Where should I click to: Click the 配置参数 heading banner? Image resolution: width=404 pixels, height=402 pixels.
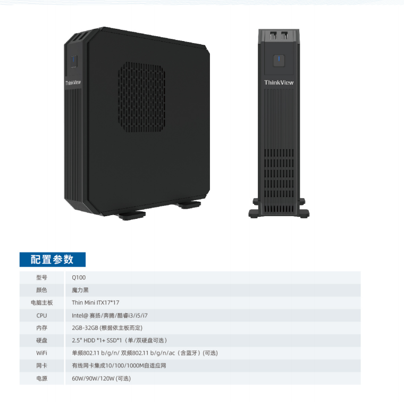point(53,259)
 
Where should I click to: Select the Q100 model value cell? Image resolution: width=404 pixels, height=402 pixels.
point(79,277)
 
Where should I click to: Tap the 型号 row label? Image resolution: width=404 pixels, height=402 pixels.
point(42,277)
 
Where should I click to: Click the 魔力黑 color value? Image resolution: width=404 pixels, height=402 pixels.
point(80,290)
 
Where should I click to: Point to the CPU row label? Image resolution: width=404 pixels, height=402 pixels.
point(42,315)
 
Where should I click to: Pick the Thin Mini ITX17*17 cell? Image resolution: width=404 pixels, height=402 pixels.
point(96,302)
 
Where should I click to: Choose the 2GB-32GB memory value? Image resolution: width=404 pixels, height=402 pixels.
point(107,327)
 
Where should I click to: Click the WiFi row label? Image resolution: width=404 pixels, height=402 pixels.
point(42,352)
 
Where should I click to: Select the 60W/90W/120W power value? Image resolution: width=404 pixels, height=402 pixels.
point(101,378)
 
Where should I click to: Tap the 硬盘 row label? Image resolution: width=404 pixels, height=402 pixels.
point(42,340)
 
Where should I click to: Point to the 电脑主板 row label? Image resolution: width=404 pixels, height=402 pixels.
point(42,302)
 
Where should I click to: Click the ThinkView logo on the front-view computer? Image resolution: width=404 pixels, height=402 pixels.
point(279,83)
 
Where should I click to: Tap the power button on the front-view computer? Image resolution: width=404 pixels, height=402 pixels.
point(279,61)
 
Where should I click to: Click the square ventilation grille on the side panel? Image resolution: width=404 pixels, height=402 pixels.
point(141,97)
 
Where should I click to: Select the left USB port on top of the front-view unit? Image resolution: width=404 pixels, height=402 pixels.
point(273,35)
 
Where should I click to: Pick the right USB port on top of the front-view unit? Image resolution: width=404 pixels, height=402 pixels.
point(284,35)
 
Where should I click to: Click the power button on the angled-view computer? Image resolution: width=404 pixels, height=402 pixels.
point(74,61)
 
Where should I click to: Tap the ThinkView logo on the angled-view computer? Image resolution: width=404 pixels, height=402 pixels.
point(73,83)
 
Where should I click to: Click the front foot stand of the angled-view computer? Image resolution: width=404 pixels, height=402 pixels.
point(132,215)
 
